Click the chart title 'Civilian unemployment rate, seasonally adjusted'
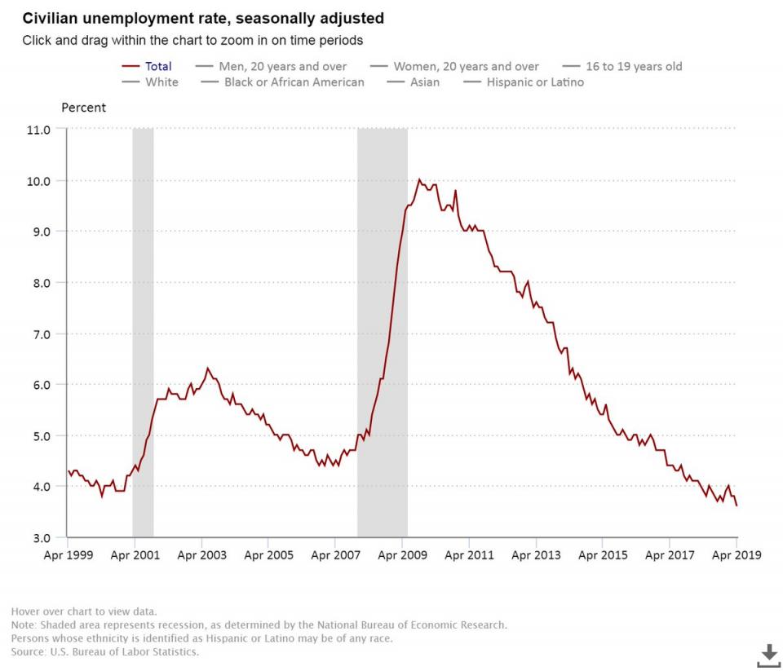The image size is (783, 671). coord(203,18)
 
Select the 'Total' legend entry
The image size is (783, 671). coord(158,66)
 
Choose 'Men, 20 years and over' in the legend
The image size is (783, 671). coord(282,66)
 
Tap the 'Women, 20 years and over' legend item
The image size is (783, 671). coord(466,66)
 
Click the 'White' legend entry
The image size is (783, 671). coord(161,82)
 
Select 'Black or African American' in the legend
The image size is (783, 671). coord(294,82)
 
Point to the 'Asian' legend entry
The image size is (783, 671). coord(425,82)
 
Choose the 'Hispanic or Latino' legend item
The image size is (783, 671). coord(535,82)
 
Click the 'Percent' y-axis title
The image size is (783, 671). coord(84,108)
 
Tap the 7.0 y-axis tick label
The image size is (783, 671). coord(40,333)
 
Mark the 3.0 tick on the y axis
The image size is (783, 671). coord(40,538)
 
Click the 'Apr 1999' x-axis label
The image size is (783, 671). coord(68,555)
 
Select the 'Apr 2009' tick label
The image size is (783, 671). coord(402,555)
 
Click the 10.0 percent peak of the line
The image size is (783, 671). coord(419,180)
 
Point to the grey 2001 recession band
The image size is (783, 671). coord(143,326)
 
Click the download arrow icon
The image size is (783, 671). coord(768,653)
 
